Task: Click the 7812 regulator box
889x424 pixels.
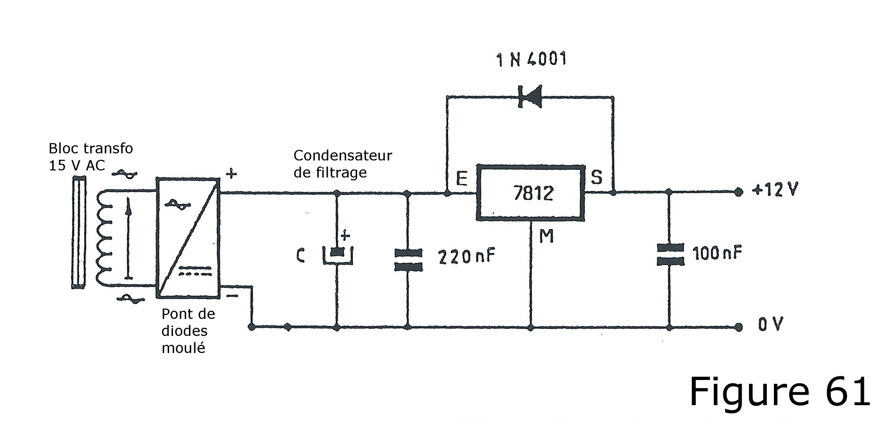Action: (x=530, y=193)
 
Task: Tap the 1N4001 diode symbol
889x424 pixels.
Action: (x=530, y=97)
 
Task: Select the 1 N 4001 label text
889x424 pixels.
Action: (x=531, y=60)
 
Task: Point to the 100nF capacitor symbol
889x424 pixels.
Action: (x=670, y=255)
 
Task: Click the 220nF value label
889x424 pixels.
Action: (x=467, y=256)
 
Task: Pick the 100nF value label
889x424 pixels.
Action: (x=717, y=253)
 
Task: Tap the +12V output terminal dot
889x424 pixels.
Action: (x=738, y=192)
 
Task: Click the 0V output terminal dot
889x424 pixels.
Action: (x=738, y=327)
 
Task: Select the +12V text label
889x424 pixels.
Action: (x=775, y=190)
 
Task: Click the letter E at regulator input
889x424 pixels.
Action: (x=461, y=178)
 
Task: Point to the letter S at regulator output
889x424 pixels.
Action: (x=597, y=177)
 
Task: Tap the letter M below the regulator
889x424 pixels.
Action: (x=547, y=236)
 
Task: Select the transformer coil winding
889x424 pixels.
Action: (x=104, y=238)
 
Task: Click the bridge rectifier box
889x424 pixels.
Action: (x=188, y=238)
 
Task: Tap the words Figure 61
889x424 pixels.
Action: (x=780, y=392)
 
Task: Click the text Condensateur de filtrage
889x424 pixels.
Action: (x=343, y=164)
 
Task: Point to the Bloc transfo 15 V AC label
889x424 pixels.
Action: (x=91, y=157)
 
